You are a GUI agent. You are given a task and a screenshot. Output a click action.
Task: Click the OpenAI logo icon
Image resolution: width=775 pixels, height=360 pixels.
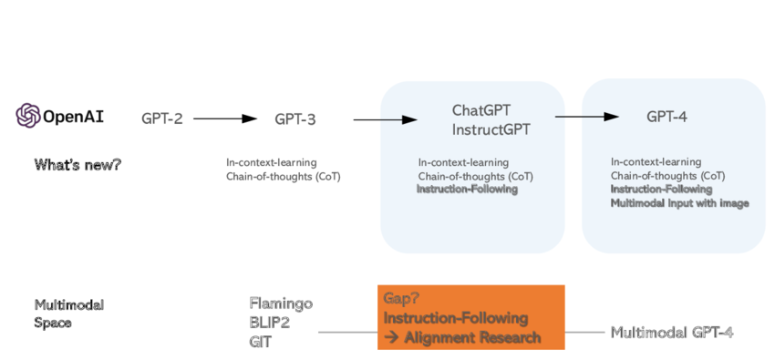pyautogui.click(x=27, y=116)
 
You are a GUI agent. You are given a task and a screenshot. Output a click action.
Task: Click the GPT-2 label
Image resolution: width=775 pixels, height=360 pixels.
pyautogui.click(x=162, y=118)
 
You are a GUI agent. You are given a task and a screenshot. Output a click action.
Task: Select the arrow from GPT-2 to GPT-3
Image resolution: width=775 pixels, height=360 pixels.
pyautogui.click(x=225, y=118)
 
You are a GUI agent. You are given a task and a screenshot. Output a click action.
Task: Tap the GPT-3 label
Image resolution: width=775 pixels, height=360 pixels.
pyautogui.click(x=295, y=118)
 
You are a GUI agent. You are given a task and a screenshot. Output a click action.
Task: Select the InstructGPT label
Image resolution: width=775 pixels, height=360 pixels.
pyautogui.click(x=491, y=129)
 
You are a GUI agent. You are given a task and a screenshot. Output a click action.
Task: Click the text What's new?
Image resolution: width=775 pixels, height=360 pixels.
pyautogui.click(x=77, y=165)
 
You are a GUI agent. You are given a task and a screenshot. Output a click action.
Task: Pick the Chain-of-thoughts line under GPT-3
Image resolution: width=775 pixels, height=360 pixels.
pyautogui.click(x=283, y=176)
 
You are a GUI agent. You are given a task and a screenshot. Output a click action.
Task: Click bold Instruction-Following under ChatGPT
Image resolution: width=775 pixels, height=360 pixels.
pyautogui.click(x=467, y=190)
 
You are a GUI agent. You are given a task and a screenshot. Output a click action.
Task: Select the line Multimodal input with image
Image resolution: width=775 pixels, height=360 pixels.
pyautogui.click(x=679, y=203)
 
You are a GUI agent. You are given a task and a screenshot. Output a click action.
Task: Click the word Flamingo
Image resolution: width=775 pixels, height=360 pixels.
pyautogui.click(x=281, y=303)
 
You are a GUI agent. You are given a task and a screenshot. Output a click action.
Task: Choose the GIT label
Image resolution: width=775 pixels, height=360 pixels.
pyautogui.click(x=260, y=342)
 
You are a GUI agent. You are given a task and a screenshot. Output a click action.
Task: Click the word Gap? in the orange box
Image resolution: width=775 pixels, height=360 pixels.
pyautogui.click(x=403, y=299)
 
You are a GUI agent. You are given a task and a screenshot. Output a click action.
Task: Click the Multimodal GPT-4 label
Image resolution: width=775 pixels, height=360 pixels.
pyautogui.click(x=672, y=333)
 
